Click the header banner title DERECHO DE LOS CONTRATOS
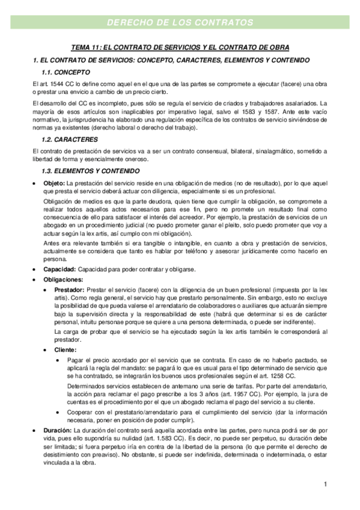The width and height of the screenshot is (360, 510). [x=180, y=23]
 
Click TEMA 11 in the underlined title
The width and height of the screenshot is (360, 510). [x=85, y=48]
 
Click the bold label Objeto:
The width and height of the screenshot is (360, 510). [x=55, y=183]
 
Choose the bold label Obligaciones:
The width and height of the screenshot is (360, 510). [x=63, y=279]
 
